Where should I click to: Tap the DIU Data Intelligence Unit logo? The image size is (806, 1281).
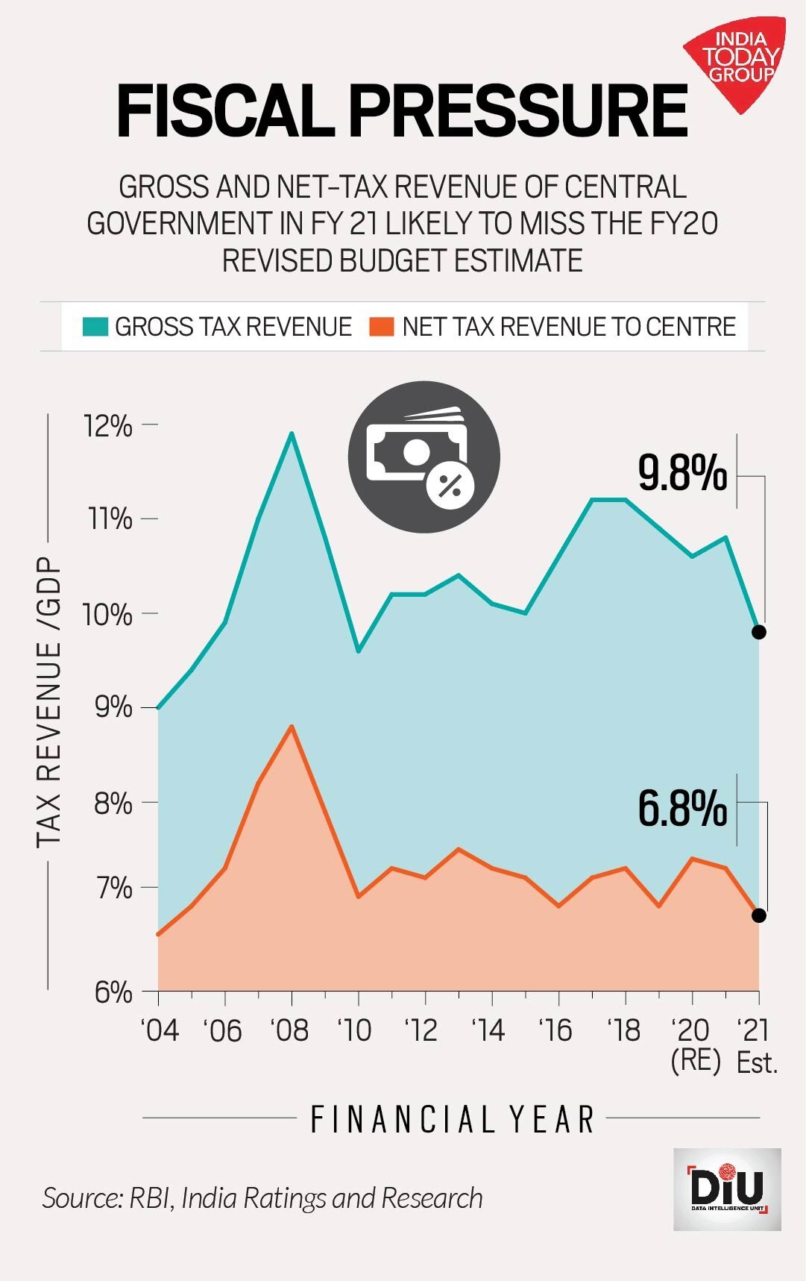(x=726, y=1189)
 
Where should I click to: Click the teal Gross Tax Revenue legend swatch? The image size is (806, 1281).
(x=95, y=327)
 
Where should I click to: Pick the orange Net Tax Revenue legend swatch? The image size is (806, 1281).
(x=381, y=327)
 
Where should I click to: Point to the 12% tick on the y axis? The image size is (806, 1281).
(x=109, y=425)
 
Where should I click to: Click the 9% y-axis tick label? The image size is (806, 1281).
(x=113, y=707)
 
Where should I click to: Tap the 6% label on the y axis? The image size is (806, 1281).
(x=113, y=992)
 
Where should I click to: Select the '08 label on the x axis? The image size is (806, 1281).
(x=289, y=1031)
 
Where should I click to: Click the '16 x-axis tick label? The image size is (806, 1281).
(x=555, y=1031)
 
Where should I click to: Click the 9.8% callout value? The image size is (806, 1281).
(x=682, y=473)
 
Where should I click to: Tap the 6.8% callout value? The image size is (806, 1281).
(x=682, y=809)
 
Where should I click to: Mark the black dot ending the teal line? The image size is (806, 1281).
(x=759, y=632)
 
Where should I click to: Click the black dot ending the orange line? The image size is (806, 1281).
(x=759, y=915)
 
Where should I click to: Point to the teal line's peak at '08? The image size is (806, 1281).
(x=292, y=433)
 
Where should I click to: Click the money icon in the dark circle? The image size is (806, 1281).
(x=423, y=457)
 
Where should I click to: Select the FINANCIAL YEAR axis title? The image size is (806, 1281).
(x=452, y=1119)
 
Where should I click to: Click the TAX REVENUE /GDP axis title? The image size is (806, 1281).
(x=49, y=701)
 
